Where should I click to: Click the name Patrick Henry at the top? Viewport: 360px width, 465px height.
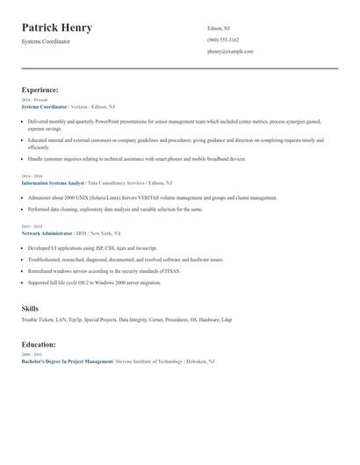coord(57,27)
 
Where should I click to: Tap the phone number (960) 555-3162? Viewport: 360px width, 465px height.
coord(223,39)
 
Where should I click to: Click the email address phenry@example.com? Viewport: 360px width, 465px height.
coord(230,52)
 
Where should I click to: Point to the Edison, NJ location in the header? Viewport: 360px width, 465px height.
coord(219,28)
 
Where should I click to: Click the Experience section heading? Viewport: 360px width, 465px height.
coord(40,89)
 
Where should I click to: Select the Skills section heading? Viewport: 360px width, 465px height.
coord(30,309)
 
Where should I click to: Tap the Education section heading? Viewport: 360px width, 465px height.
coord(40,344)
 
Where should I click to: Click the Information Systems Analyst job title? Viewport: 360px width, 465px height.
coord(53,182)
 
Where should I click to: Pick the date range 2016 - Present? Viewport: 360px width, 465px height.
coord(34,100)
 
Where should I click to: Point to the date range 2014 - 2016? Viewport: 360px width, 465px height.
coord(32,175)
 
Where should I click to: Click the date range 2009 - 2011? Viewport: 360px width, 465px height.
coord(32,354)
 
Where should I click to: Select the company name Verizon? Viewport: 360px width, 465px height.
coord(82,106)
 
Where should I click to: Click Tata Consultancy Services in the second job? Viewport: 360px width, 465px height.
coord(115,182)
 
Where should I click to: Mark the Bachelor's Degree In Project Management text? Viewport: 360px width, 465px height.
coord(67,361)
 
